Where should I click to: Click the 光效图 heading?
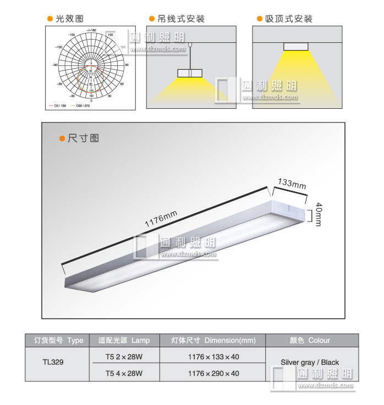[69, 19]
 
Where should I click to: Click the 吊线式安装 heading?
[180, 19]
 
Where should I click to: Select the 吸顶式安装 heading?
[288, 19]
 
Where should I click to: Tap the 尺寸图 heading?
[83, 138]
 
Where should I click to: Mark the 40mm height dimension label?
[319, 214]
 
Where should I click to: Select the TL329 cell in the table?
[53, 363]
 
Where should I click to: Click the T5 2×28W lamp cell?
[124, 356]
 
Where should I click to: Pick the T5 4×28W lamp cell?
[124, 374]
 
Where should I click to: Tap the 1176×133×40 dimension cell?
[213, 356]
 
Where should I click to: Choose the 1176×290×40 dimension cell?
[213, 374]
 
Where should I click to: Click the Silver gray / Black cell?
[310, 363]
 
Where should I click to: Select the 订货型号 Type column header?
[58, 340]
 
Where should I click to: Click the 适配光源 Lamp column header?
[124, 340]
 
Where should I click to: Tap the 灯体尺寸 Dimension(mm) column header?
[213, 340]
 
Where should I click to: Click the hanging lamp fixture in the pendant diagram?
[190, 73]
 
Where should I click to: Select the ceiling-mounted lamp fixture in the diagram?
[296, 46]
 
